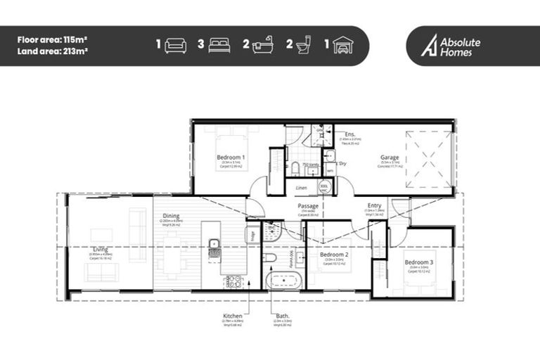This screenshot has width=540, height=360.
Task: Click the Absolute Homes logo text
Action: point(461,46)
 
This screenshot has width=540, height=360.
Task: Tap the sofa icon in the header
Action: point(175,46)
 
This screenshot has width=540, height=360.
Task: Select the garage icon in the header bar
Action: point(342,46)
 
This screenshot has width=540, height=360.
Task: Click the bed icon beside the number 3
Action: point(219,46)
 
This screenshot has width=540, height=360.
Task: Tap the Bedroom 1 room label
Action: point(231,157)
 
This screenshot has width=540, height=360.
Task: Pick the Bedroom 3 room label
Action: point(419,262)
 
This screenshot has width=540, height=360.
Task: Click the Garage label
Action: point(390,157)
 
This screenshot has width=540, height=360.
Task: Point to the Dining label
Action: point(171,216)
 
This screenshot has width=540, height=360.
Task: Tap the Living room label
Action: point(100,249)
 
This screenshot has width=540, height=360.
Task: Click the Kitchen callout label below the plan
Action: point(233,317)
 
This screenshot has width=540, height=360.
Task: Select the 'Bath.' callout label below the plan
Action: point(281,317)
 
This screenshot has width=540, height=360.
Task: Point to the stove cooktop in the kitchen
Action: point(233,282)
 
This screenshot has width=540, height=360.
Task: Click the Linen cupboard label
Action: point(302,188)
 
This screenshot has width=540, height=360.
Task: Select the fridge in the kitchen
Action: point(250,235)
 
